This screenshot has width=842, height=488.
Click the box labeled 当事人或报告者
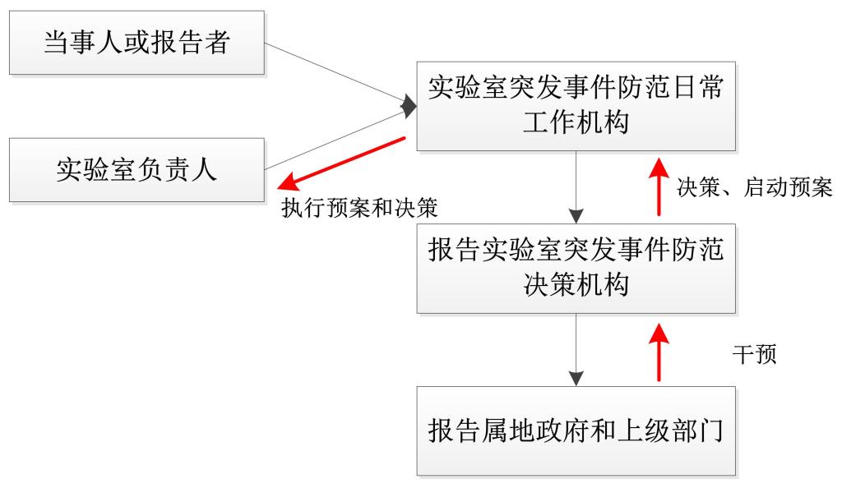[136, 43]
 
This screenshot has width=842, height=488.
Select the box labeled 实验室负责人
[136, 170]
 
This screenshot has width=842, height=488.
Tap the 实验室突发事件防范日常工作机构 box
[576, 105]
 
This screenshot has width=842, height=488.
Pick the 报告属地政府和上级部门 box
[576, 430]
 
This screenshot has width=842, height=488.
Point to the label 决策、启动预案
[754, 188]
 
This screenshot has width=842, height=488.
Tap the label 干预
[754, 355]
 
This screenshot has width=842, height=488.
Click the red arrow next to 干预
[658, 352]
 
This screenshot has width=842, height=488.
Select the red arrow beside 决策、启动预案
[658, 186]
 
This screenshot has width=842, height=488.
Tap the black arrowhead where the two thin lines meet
[409, 105]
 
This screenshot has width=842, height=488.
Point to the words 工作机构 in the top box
[576, 122]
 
